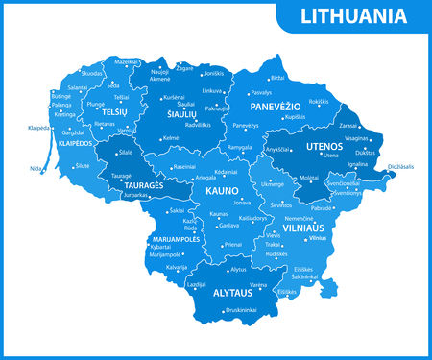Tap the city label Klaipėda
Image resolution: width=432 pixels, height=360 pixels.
tap(38, 128)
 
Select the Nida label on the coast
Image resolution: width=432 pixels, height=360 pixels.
tap(36, 169)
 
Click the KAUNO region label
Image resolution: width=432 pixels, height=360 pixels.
tap(221, 190)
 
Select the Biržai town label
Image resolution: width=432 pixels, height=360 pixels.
tap(278, 77)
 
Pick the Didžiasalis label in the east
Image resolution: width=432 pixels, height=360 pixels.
tap(400, 167)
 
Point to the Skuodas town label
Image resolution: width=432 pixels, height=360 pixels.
tap(92, 73)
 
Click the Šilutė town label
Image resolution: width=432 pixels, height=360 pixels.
tap(83, 166)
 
